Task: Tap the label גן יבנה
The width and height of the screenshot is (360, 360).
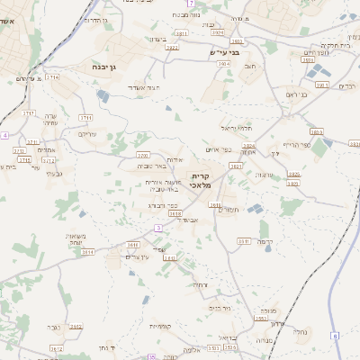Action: (106, 67)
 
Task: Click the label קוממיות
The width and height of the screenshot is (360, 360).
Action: (161, 326)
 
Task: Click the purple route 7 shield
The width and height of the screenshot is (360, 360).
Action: (191, 6)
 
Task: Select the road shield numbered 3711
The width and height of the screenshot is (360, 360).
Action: (85, 118)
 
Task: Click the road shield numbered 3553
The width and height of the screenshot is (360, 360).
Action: (260, 319)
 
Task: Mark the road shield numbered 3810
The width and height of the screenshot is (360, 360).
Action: (132, 244)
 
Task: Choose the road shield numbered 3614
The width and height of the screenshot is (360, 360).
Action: (87, 252)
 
